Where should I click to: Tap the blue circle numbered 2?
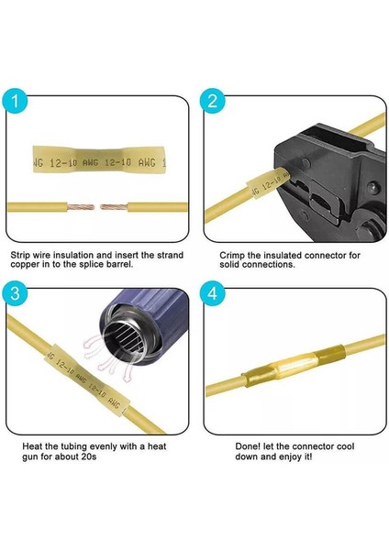[212, 102]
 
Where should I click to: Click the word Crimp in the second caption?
[232, 255]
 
